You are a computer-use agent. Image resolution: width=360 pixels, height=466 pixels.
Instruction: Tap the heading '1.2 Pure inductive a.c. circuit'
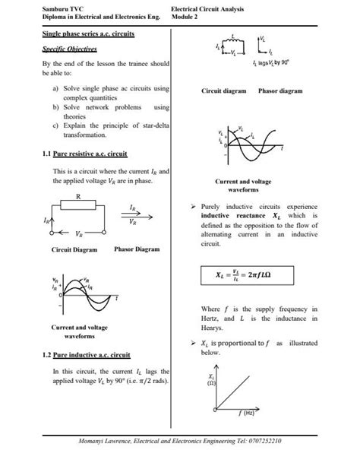[87, 354]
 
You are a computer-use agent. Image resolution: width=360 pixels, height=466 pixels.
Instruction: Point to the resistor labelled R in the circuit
[78, 205]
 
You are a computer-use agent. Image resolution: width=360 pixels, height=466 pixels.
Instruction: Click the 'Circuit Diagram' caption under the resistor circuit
[74, 249]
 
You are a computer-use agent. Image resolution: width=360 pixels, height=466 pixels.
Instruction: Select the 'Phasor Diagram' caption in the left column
[137, 249]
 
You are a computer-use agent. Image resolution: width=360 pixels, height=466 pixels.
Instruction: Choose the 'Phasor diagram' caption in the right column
[280, 90]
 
